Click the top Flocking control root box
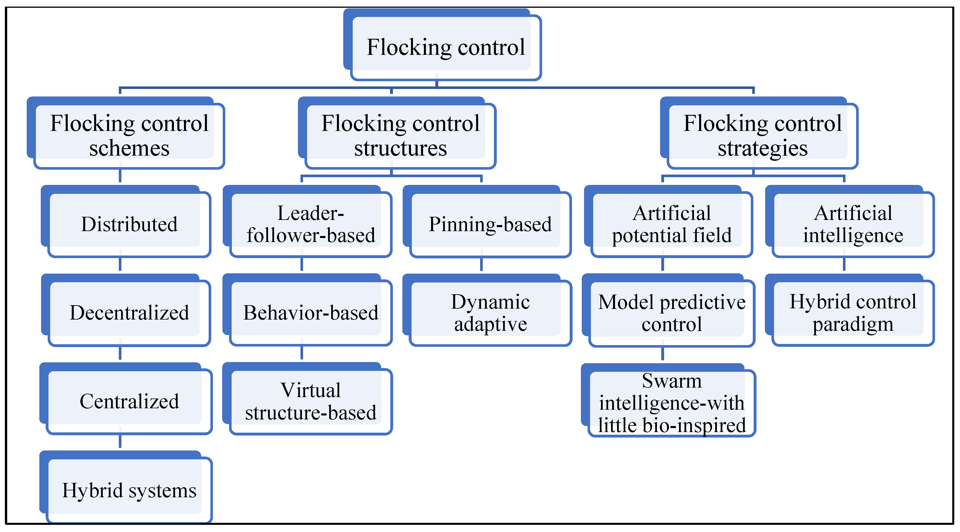[445, 47]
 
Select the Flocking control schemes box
[129, 135]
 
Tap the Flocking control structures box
[400, 135]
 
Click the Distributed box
[129, 224]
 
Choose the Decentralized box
[129, 312]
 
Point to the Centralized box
[129, 401]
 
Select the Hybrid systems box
[129, 490]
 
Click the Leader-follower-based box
[311, 224]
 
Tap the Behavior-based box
[311, 312]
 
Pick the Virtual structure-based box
[311, 401]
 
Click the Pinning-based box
[490, 224]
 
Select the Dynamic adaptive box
[490, 312]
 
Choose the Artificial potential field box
[672, 224]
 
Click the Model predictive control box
[672, 312]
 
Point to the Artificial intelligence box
[853, 224]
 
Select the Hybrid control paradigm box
[853, 312]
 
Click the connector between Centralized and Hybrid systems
[120, 442]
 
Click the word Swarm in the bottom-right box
[672, 381]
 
